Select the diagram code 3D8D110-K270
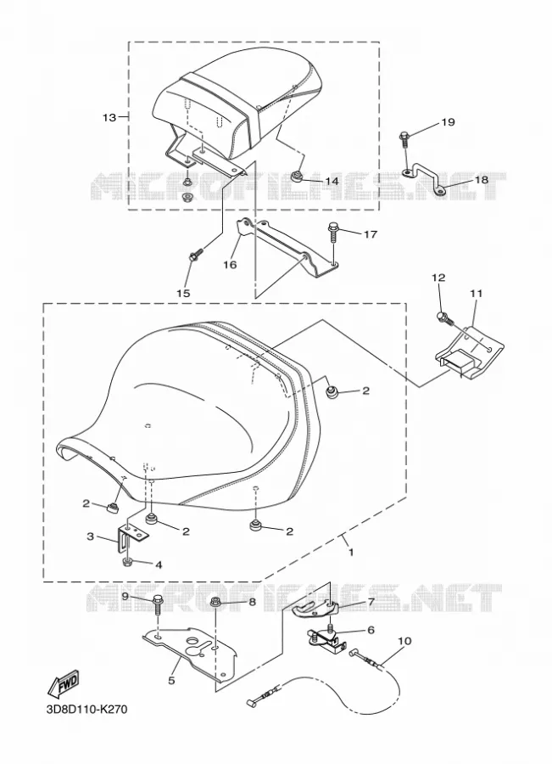[x=87, y=709]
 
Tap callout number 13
[x=109, y=117]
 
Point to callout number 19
[x=448, y=121]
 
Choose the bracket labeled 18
[x=423, y=179]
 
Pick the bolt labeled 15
[x=196, y=255]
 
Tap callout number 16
[x=231, y=265]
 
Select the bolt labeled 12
[x=445, y=318]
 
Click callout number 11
[x=476, y=294]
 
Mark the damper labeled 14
[x=295, y=176]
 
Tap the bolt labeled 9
[x=159, y=604]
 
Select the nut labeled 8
[x=215, y=604]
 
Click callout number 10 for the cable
[x=404, y=641]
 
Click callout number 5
[x=171, y=680]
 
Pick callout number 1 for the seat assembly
[x=350, y=553]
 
